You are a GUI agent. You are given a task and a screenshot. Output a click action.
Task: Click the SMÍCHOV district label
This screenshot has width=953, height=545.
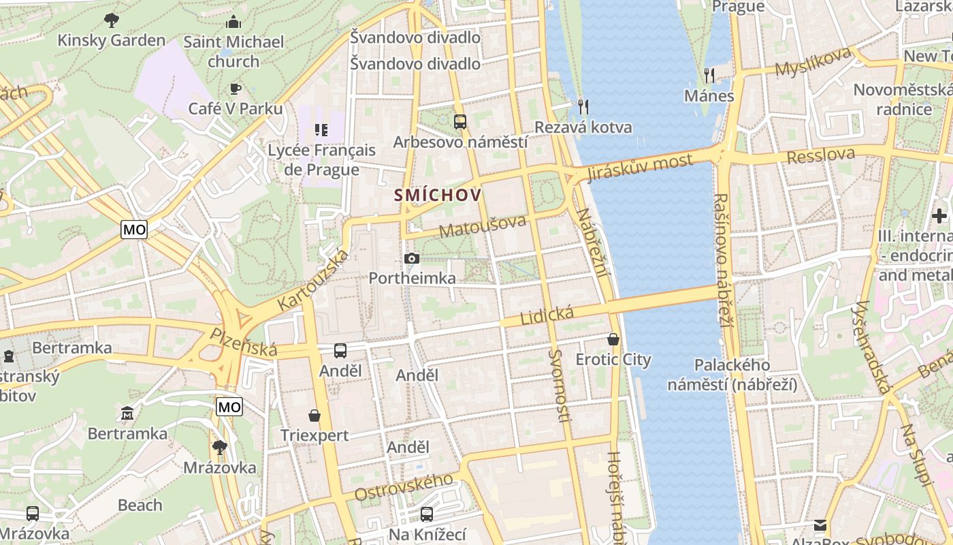[x=438, y=196]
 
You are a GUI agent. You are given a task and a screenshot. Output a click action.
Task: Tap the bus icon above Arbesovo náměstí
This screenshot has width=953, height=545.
[x=460, y=122]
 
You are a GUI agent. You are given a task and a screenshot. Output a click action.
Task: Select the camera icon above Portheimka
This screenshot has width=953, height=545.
[x=411, y=258]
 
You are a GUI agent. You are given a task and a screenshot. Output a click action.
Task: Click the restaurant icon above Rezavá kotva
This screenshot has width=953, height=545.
[x=583, y=106]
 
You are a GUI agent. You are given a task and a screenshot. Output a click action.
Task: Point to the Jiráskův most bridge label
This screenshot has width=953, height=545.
[x=640, y=168]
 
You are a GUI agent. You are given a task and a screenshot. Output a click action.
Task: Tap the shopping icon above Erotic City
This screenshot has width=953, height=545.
[x=613, y=339]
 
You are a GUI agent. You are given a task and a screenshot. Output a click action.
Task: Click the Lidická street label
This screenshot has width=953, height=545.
[x=547, y=315]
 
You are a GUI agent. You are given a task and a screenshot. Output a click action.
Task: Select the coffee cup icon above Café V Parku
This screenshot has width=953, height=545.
[x=236, y=89]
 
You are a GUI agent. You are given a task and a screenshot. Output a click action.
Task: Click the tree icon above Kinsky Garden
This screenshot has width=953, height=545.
[x=112, y=20]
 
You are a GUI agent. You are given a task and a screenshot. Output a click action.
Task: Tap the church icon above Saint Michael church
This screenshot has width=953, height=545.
[x=233, y=22]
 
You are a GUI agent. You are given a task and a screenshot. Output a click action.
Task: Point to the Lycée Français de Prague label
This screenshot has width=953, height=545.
[x=321, y=159]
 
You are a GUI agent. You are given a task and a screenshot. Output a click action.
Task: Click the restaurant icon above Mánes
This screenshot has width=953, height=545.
[x=709, y=75]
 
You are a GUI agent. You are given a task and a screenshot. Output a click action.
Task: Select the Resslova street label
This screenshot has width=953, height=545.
[x=821, y=156]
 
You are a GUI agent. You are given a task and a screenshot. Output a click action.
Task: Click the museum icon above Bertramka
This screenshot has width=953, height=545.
[x=127, y=413]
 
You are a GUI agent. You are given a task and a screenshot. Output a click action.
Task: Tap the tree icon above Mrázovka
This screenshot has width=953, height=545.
[x=219, y=447]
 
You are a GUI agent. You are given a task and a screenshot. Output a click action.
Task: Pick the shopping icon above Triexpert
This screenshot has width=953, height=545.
[x=314, y=415]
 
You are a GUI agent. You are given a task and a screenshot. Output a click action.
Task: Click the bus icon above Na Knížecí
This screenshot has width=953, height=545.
[x=427, y=514]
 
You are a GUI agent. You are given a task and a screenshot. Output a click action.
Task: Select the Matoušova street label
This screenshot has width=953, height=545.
[x=483, y=226]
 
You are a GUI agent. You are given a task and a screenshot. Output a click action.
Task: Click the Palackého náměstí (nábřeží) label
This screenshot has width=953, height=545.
[x=732, y=375]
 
